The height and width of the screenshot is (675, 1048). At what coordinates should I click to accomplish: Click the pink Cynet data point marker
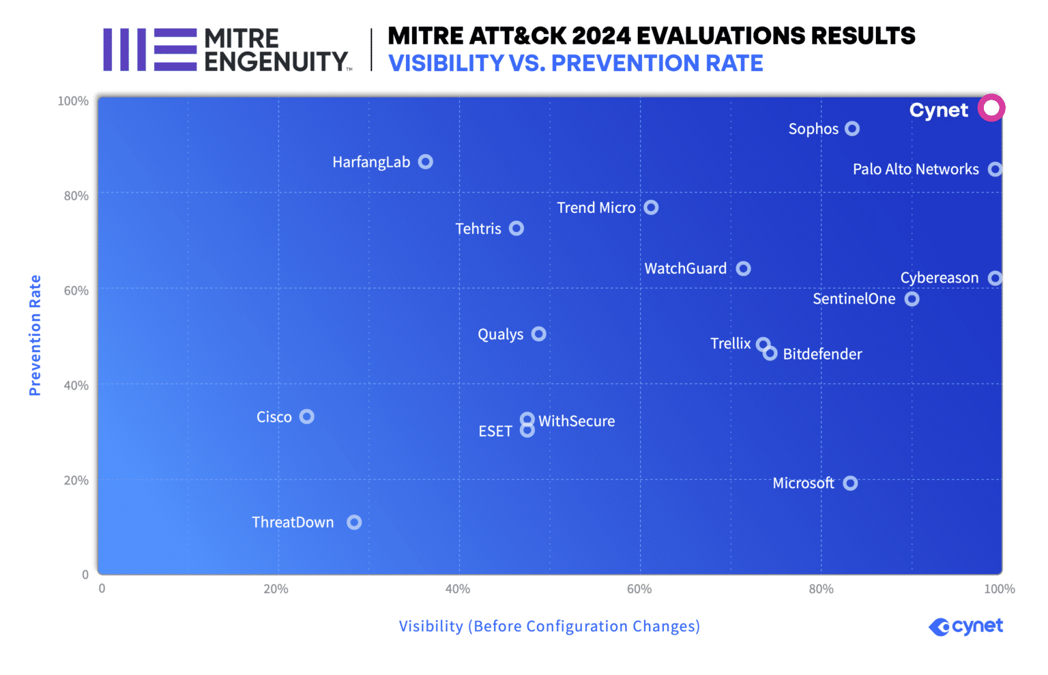[991, 108]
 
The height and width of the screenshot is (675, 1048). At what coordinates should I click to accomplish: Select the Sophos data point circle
[851, 128]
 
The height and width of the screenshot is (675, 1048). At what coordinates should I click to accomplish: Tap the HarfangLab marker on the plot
[425, 162]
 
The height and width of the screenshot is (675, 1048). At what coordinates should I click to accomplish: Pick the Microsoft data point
[849, 483]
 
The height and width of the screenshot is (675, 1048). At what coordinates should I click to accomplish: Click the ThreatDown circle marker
[353, 522]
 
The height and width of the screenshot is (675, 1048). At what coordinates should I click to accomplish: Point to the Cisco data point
[306, 416]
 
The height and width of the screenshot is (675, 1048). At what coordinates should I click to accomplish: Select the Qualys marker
[538, 334]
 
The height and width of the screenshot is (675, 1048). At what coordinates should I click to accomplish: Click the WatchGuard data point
[743, 268]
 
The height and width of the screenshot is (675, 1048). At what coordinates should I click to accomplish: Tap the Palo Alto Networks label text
[915, 169]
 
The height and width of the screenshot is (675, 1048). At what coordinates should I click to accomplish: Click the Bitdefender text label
[822, 354]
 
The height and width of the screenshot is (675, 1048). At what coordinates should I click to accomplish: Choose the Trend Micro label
[596, 207]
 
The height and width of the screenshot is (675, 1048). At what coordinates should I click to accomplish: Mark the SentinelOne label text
[854, 299]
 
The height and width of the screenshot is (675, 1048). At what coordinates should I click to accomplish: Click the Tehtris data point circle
[516, 228]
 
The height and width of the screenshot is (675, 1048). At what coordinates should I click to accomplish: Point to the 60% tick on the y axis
[76, 291]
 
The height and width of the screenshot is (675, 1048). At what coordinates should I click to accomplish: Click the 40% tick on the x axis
[457, 589]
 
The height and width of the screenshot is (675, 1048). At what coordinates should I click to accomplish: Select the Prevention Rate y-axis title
[35, 335]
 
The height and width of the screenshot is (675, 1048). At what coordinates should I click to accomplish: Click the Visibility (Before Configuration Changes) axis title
[549, 627]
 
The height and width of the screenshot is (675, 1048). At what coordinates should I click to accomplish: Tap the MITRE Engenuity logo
[227, 50]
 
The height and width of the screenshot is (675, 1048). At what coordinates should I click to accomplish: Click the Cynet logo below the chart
[965, 627]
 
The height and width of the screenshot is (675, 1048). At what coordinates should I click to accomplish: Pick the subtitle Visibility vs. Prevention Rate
[575, 63]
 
